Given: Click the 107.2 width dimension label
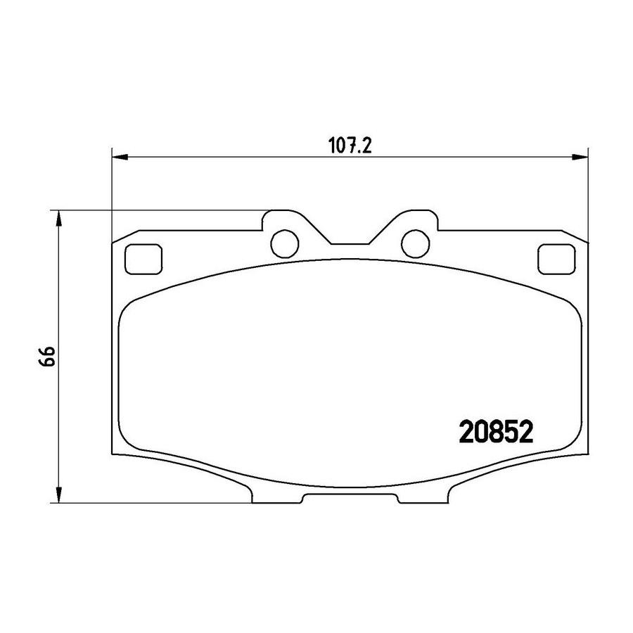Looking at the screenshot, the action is pyautogui.click(x=350, y=146).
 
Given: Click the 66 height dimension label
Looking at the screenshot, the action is pyautogui.click(x=47, y=356).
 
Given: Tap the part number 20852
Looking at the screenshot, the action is pyautogui.click(x=497, y=431).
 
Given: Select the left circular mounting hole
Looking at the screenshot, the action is pyautogui.click(x=285, y=244).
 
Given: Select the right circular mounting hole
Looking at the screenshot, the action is pyautogui.click(x=416, y=244).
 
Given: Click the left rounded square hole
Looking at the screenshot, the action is pyautogui.click(x=143, y=259).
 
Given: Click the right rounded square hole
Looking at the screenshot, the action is pyautogui.click(x=556, y=259).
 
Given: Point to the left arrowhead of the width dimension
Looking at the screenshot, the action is pyautogui.click(x=120, y=157).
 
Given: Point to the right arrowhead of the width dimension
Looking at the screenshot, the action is pyautogui.click(x=580, y=157).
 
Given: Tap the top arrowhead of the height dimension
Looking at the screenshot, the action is pyautogui.click(x=58, y=219).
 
